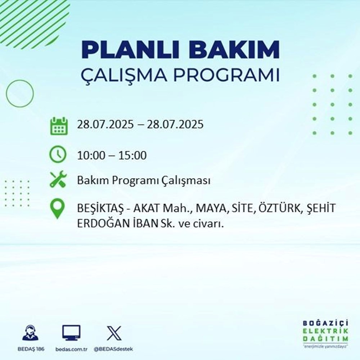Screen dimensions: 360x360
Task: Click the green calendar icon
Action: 58,125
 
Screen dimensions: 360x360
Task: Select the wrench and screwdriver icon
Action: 58,180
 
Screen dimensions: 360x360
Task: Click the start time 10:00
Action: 91,156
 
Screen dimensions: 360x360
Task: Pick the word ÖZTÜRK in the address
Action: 278,209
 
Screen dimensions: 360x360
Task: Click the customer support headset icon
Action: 30,333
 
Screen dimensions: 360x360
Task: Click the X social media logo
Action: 114,333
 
